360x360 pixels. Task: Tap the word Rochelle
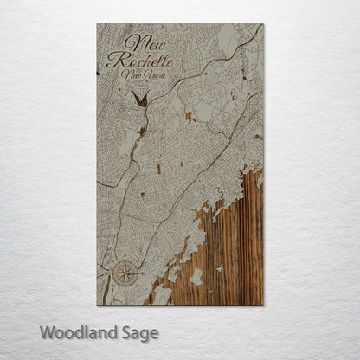click(x=140, y=60)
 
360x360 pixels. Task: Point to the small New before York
click(x=132, y=76)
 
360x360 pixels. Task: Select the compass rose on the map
click(x=124, y=274)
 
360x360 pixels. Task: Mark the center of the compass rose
click(x=124, y=274)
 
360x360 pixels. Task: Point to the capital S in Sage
click(x=125, y=332)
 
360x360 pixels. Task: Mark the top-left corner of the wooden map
click(x=97, y=24)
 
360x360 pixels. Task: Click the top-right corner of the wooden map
click(x=263, y=24)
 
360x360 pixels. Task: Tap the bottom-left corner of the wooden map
click(x=97, y=305)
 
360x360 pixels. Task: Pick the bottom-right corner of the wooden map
click(x=263, y=305)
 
